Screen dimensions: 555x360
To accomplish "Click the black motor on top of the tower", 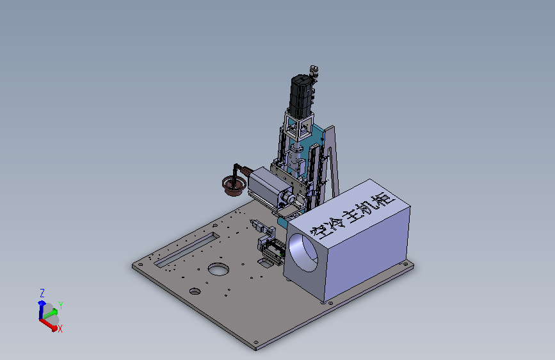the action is [x=302, y=95].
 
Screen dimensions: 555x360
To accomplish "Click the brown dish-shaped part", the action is [x=234, y=186].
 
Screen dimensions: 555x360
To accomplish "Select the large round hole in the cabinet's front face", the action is [x=303, y=253].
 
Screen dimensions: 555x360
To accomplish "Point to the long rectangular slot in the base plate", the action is [x=187, y=249].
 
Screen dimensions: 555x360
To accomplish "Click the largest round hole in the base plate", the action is [x=218, y=269].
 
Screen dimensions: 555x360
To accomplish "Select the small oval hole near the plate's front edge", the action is [x=195, y=291].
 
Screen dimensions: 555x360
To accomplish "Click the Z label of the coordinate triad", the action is [x=42, y=293].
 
